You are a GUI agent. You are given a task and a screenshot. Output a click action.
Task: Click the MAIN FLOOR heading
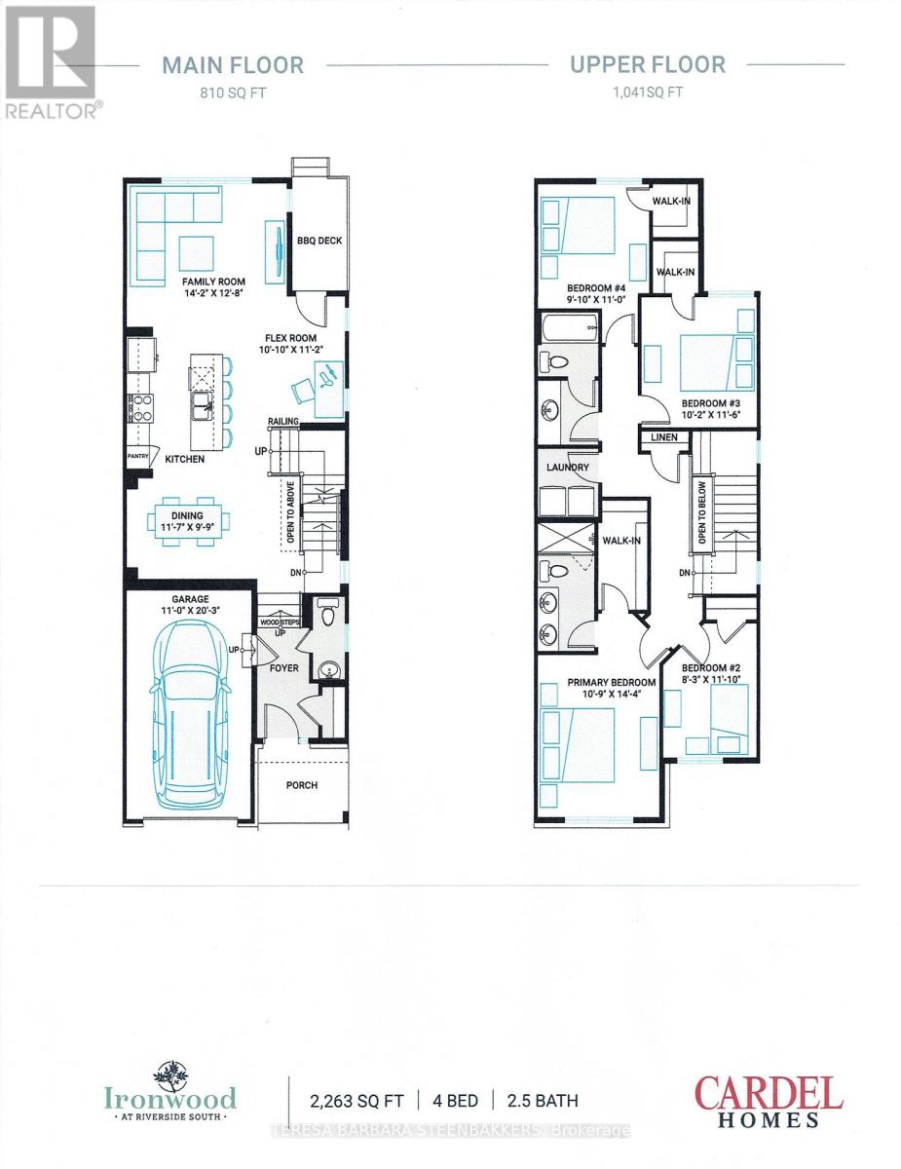[233, 65]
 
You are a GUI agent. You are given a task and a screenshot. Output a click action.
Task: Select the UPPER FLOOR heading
[648, 65]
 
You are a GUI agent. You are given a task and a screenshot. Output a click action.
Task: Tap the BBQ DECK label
[319, 242]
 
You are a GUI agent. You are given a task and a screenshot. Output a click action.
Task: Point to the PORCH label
[302, 785]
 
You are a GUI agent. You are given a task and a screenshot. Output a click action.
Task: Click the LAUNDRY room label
[568, 468]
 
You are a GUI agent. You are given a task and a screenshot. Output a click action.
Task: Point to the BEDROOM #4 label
[595, 288]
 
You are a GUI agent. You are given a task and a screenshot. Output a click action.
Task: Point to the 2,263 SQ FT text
[353, 1101]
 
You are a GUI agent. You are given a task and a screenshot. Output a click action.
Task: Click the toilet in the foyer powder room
[327, 615]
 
